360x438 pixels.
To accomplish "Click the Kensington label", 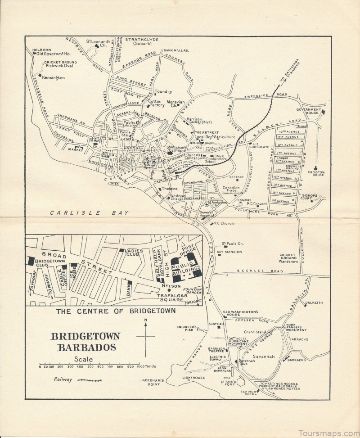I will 53,77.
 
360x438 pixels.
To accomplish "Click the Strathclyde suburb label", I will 142,42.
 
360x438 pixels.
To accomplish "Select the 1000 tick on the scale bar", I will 139,366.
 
